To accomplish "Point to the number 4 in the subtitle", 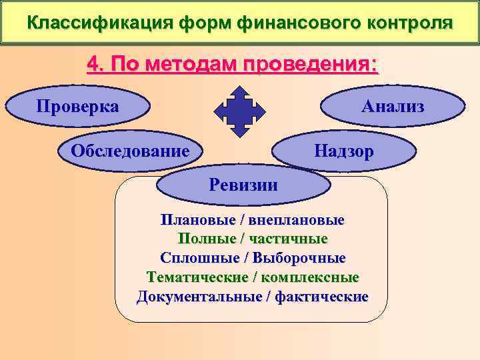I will pos(94,65).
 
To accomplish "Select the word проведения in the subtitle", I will pos(309,65).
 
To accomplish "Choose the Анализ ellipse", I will pos(393,107).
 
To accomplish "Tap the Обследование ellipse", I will pos(130,150).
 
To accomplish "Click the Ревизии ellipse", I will pos(243,185).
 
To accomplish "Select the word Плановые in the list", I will pos(189,219).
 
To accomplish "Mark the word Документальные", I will pos(197,296).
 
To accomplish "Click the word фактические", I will pos(320,296).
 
